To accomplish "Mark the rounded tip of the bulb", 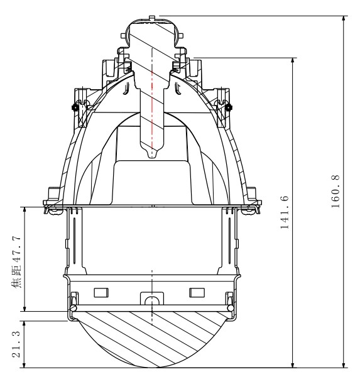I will [x=152, y=154].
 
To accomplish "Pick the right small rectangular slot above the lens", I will [x=197, y=292].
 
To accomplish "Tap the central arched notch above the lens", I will [x=151, y=300].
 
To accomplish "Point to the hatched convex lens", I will [x=151, y=336].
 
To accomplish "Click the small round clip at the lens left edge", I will [x=74, y=308].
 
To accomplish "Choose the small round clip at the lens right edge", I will [x=230, y=308].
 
